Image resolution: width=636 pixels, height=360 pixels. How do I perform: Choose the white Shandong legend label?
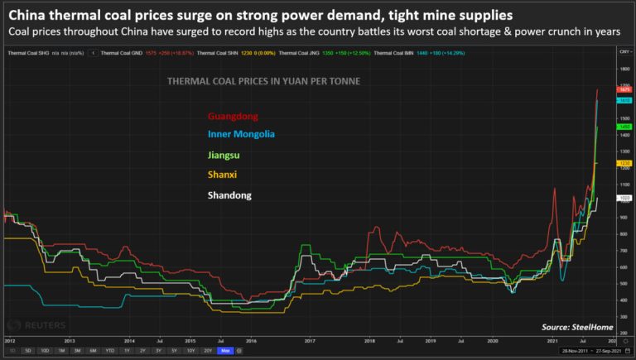(230, 195)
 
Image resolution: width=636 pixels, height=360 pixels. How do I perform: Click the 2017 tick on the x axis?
(310, 340)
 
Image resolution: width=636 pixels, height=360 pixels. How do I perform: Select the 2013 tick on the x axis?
(70, 340)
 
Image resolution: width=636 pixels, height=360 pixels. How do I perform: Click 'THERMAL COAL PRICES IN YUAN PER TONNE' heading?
(263, 81)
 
